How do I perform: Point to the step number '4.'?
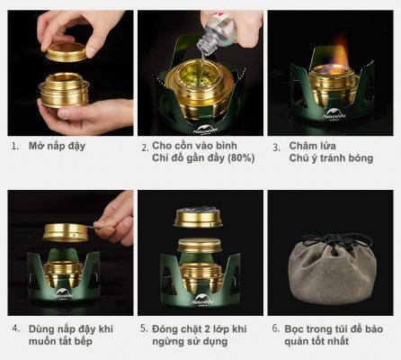[13, 328]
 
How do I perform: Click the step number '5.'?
[144, 328]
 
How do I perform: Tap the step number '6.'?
[275, 328]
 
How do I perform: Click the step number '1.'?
[13, 146]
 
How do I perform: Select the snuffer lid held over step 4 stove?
[67, 231]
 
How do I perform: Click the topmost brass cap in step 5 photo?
[199, 217]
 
